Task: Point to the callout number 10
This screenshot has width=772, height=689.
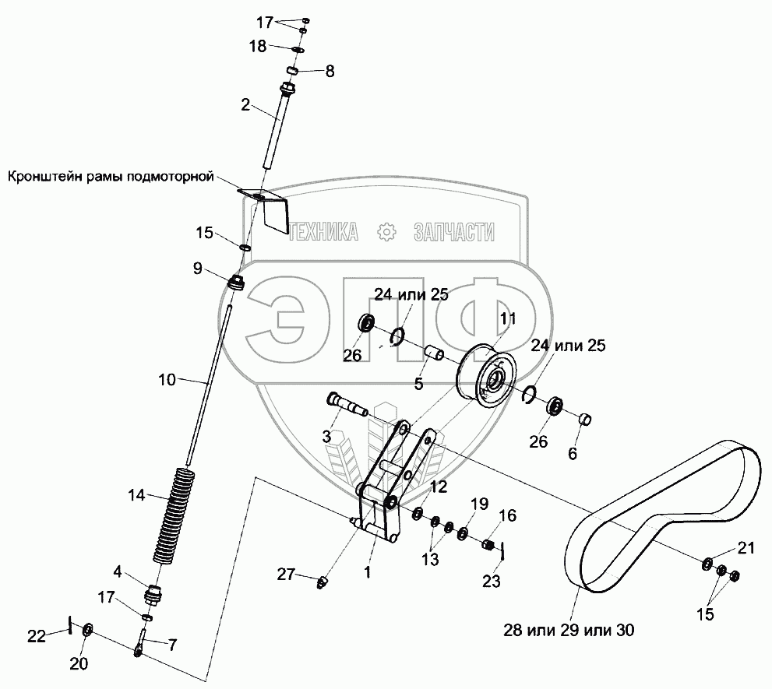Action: click(167, 381)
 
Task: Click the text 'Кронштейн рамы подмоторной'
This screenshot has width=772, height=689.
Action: click(111, 177)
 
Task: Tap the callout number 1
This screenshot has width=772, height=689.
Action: click(367, 570)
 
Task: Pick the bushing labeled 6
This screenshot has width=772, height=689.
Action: click(586, 421)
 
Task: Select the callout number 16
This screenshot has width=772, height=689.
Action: click(507, 515)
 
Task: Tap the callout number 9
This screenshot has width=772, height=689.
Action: click(198, 269)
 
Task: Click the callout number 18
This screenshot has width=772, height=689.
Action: click(258, 47)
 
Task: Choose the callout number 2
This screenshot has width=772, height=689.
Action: click(245, 105)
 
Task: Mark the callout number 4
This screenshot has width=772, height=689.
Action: click(117, 571)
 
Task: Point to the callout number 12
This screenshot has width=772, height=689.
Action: click(439, 487)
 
